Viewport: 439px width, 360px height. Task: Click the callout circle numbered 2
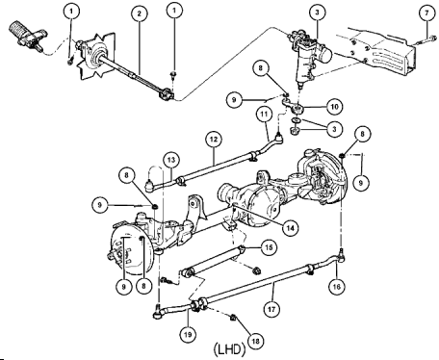140,13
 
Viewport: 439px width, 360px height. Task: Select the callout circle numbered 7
427,13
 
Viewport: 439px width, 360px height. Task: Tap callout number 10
334,107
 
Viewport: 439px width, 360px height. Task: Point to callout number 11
264,115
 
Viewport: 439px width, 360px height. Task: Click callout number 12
214,140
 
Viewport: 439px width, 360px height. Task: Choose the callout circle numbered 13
171,160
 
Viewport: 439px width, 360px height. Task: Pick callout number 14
291,228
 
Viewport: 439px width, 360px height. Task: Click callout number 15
269,247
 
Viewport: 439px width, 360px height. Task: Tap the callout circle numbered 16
336,286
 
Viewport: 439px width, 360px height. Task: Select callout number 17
271,310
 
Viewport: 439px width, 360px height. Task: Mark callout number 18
256,341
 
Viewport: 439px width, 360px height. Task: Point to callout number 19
188,335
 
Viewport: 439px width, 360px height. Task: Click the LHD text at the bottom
229,349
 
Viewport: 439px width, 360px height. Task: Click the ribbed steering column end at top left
27,36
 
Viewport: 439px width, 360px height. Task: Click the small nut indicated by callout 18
233,318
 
